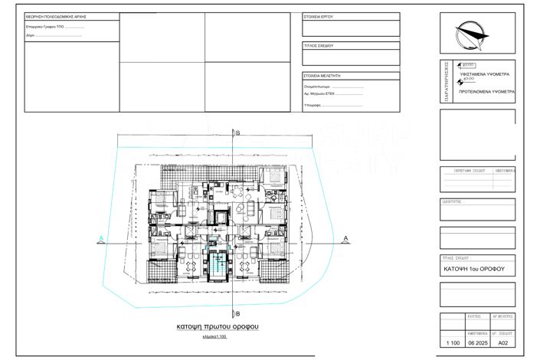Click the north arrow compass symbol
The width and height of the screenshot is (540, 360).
[x=471, y=34]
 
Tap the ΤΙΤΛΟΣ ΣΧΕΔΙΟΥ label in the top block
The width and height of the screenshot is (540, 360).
[x=319, y=46]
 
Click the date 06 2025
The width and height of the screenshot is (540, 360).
[x=476, y=345]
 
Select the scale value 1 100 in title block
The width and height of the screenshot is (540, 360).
[x=449, y=345]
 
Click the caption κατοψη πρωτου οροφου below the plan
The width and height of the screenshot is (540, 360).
[x=218, y=327]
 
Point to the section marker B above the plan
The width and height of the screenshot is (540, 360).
[x=237, y=133]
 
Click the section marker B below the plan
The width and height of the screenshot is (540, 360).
[x=237, y=313]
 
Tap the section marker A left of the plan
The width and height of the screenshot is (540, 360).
[x=100, y=240]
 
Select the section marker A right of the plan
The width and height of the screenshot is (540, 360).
[x=345, y=240]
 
